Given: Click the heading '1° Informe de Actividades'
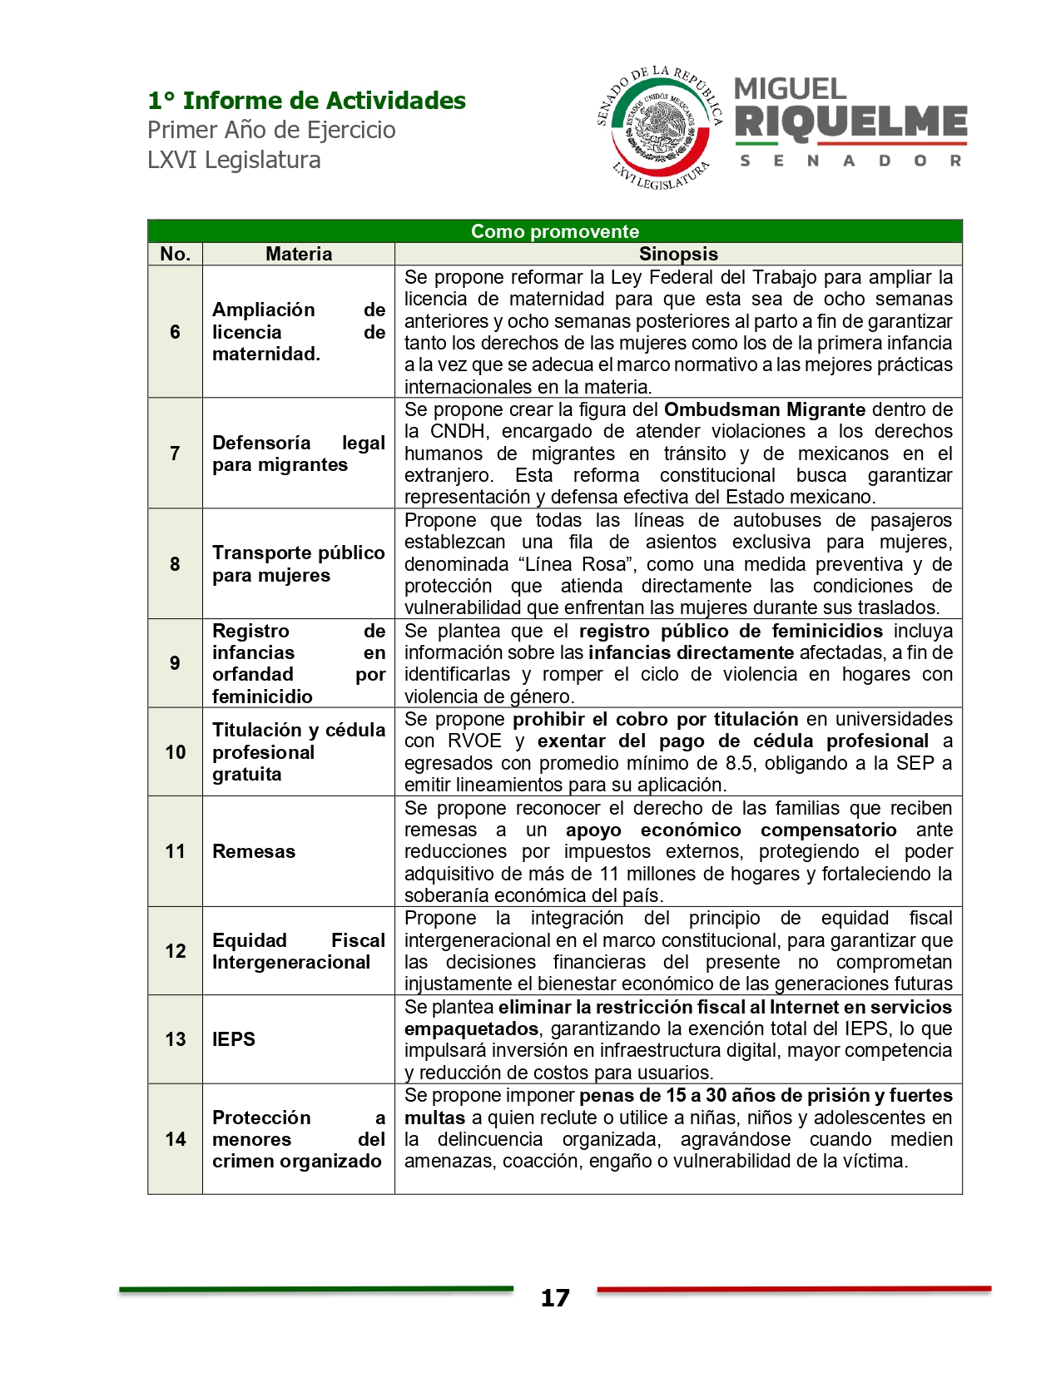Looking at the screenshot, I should click(x=306, y=101).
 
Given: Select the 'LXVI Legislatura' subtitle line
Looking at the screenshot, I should click(x=234, y=160).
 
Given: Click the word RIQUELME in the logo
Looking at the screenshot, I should click(x=850, y=122).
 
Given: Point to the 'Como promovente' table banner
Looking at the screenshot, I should click(x=554, y=231).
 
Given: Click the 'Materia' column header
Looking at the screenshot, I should click(x=298, y=254).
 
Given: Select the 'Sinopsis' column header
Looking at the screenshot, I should click(x=677, y=254).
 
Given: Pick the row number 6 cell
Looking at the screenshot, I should click(x=175, y=332).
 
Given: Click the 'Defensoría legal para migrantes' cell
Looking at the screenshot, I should click(x=298, y=454).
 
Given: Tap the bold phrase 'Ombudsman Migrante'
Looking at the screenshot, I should click(x=765, y=409).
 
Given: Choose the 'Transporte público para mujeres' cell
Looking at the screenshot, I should click(x=298, y=564).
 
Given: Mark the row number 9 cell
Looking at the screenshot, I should click(x=175, y=663).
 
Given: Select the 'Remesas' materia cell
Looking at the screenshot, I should click(x=254, y=851).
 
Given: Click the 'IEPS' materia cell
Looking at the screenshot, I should click(x=234, y=1039).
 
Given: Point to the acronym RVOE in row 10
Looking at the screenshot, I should click(x=474, y=741).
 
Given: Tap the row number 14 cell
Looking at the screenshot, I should click(x=175, y=1139).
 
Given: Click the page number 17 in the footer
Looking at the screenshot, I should click(x=555, y=1298).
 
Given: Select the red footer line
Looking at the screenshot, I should click(x=794, y=1289).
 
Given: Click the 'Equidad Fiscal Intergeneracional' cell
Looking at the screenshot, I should click(x=298, y=951).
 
